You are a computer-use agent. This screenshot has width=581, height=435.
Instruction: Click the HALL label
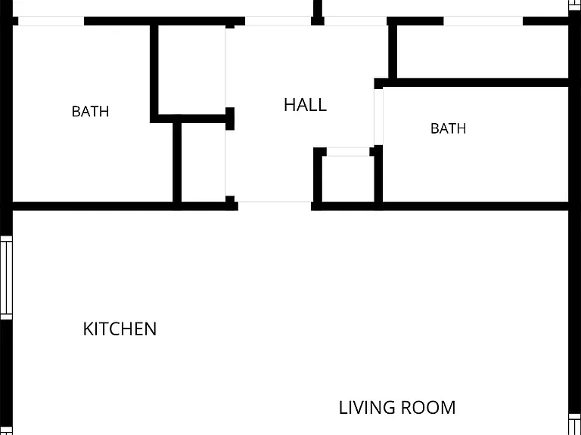pos(306,105)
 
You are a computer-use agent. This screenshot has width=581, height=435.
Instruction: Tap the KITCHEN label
pos(120,329)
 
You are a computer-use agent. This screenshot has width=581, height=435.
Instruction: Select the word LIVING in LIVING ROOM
pos(367,407)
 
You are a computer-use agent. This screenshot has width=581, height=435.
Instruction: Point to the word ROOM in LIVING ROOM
pos(428,407)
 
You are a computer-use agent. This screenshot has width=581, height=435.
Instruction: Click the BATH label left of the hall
pos(91,111)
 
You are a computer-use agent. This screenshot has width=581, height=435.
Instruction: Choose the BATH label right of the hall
pos(449,128)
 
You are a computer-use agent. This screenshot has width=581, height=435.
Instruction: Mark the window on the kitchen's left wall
pos(6,277)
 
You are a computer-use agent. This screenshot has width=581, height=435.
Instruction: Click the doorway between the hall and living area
pos(275,202)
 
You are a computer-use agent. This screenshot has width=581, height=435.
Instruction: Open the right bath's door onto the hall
pos(378,117)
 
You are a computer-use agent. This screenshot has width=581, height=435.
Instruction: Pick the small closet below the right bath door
pos(348,179)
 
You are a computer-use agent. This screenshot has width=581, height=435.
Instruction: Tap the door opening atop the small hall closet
pos(348,152)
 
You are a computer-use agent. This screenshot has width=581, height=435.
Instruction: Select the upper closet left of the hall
pos(192,70)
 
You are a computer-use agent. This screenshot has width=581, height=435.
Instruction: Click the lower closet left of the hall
pos(204,162)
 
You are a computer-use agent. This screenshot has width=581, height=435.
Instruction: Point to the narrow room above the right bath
pos(483,52)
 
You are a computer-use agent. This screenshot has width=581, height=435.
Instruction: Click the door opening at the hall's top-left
pos(278,21)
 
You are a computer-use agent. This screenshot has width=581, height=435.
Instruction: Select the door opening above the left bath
pos(51,21)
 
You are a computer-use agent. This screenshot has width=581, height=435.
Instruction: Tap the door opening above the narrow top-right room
pos(483,21)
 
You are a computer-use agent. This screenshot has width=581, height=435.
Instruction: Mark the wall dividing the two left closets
pos(192,119)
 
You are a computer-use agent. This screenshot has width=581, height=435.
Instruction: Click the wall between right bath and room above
pos(471,83)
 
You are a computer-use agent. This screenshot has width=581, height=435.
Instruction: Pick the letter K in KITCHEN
pos(88,329)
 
